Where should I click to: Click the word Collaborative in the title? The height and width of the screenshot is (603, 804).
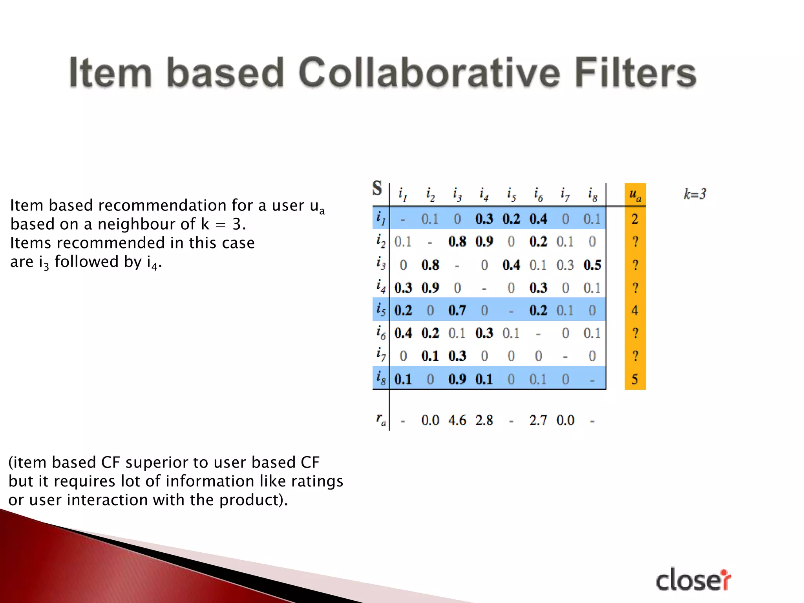click(x=429, y=73)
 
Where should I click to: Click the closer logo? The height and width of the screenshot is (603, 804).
click(x=693, y=580)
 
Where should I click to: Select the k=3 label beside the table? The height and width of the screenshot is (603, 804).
click(x=694, y=194)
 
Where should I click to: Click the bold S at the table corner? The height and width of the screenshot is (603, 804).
click(x=377, y=188)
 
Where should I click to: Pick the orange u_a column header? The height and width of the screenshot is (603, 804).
click(x=635, y=194)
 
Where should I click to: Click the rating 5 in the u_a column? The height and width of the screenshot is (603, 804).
click(x=635, y=379)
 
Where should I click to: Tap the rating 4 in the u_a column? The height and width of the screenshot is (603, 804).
click(x=635, y=311)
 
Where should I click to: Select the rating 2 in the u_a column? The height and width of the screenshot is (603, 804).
click(x=635, y=219)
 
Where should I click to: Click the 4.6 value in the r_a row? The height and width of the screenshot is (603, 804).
click(x=457, y=420)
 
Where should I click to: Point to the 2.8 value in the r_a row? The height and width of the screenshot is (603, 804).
click(x=484, y=420)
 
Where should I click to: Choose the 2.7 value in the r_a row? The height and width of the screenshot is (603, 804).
click(x=538, y=420)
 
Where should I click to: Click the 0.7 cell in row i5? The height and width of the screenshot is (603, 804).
click(x=457, y=311)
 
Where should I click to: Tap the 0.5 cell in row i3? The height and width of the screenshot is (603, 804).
click(x=592, y=265)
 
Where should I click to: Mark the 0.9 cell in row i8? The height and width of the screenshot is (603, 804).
click(x=457, y=379)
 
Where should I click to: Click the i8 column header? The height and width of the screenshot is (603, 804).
click(x=592, y=194)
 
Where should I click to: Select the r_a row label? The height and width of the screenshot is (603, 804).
click(x=381, y=420)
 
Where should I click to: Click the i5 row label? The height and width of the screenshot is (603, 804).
click(x=381, y=310)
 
